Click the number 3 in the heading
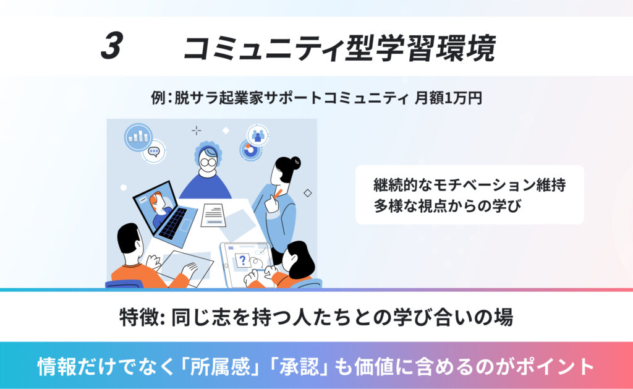coord(112,46)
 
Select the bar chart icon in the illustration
coord(138,137)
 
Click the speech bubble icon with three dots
coord(154,152)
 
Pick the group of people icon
coord(258,135)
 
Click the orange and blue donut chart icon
coord(250,150)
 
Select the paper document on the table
coord(213,215)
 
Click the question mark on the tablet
coord(242,260)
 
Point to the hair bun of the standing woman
coord(296,163)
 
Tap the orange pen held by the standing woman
coord(278,194)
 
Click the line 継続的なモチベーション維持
coord(470,185)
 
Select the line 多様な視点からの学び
coord(448,205)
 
